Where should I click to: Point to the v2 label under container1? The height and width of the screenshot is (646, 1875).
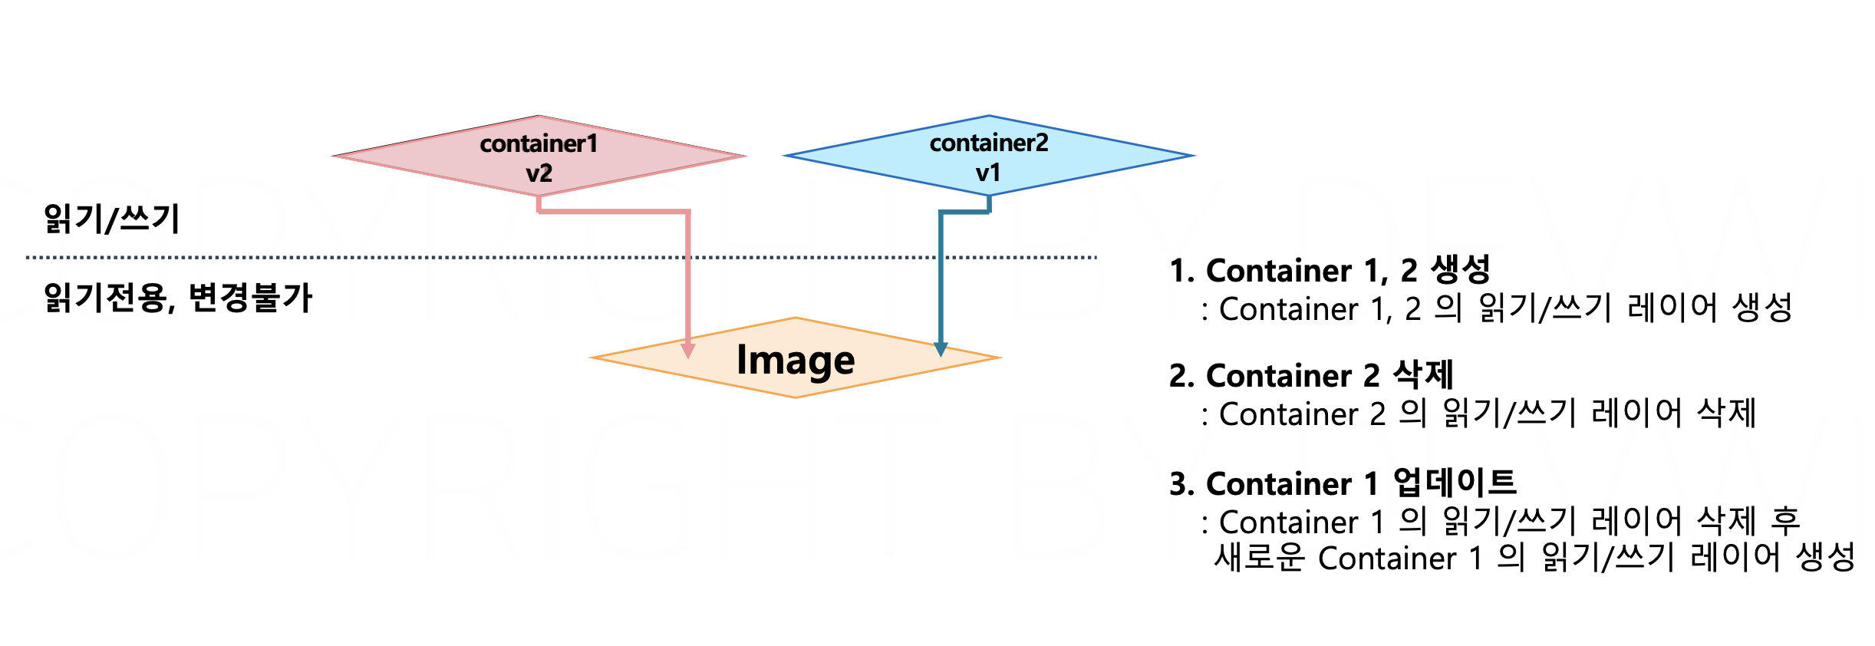[x=539, y=173]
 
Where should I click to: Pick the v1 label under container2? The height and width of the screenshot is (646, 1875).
[x=988, y=173]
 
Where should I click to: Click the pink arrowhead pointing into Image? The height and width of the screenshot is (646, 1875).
[x=688, y=351]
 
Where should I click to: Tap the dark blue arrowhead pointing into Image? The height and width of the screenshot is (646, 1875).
[x=941, y=349]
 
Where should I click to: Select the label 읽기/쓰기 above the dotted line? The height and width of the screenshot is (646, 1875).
[x=112, y=219]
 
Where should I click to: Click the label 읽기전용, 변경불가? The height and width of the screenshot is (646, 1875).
[x=178, y=298]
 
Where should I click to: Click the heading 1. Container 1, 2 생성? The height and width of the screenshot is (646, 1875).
[x=1330, y=270]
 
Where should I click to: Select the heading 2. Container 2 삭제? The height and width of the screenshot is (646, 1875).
[x=1311, y=375]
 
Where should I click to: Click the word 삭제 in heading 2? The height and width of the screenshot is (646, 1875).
[x=1423, y=375]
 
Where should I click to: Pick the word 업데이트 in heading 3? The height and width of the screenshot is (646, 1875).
[x=1455, y=483]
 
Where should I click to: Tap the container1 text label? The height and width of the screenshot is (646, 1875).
[x=539, y=143]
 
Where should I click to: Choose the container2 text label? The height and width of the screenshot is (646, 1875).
[x=989, y=143]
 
